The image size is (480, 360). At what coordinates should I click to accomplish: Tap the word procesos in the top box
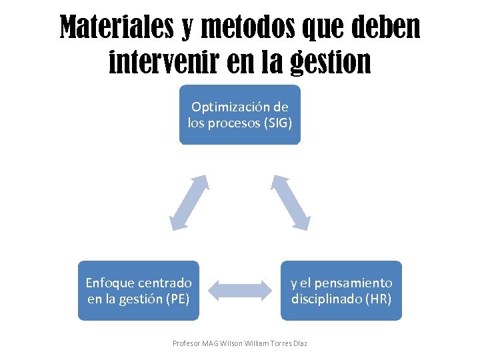coord(234,123)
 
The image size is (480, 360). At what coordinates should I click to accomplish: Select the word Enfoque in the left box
coord(109,283)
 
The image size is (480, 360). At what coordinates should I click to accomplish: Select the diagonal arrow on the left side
coord(189,203)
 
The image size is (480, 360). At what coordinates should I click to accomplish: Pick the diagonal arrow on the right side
coord(290,203)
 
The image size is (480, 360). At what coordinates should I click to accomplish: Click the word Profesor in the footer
coord(185,343)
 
